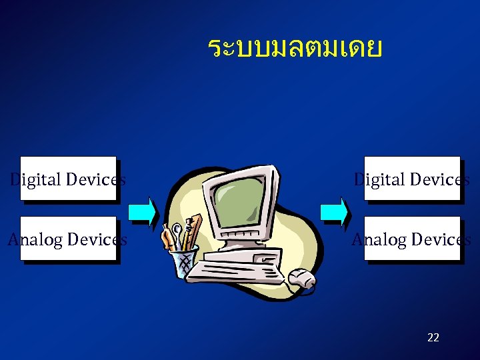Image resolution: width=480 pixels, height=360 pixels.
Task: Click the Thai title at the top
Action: point(295,49)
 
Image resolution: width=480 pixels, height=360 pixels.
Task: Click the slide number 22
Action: point(433,337)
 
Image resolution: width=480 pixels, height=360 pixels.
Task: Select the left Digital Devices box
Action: point(68,179)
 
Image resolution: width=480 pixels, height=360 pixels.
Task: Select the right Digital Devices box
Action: point(412,179)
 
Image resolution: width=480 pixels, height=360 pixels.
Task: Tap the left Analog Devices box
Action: point(68,239)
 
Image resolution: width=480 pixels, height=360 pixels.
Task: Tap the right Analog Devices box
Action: point(412,239)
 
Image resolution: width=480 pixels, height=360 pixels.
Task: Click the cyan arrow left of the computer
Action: point(143,212)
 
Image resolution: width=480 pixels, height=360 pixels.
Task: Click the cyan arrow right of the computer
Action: point(335,212)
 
